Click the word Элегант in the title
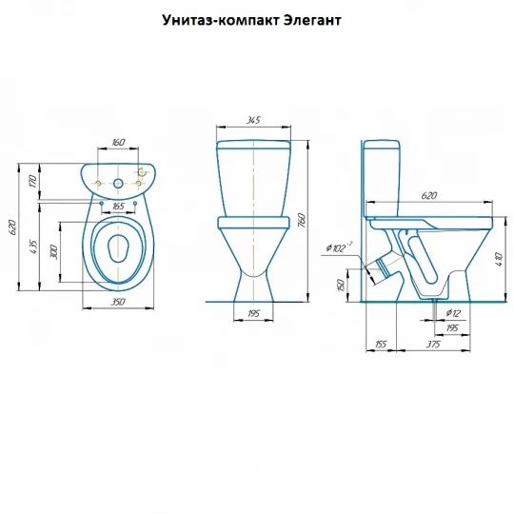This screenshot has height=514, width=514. coord(312,20)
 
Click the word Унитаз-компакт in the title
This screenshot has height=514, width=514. coord(221,20)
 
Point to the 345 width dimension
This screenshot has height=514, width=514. coord(253,120)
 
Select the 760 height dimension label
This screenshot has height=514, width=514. coord(302,220)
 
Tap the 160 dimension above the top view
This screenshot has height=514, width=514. coord(118,142)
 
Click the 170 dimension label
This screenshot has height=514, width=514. coord(32,181)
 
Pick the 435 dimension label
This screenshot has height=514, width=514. coord(33,247)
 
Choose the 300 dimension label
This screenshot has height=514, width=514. coord(53,251)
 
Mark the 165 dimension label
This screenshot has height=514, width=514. coord(118,206)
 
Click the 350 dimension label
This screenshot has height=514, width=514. coord(117,301)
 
